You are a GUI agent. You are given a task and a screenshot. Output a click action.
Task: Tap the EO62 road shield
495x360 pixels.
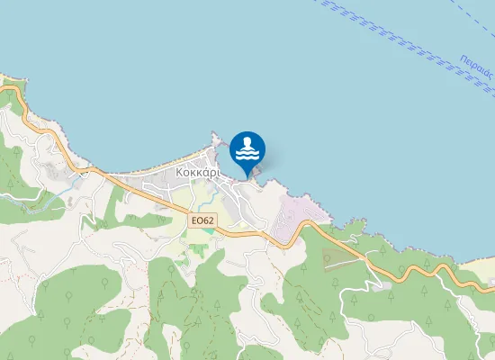point(202,220)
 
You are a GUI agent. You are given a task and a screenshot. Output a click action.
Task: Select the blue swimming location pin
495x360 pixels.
point(247,151)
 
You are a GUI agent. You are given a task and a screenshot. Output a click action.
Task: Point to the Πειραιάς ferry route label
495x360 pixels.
point(474,73)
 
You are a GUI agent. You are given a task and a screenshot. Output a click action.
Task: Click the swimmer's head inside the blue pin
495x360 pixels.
point(247,142)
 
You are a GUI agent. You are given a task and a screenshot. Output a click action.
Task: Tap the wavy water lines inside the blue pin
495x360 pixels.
point(247,157)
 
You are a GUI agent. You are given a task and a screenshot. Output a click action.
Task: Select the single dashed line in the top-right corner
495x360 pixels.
point(468,18)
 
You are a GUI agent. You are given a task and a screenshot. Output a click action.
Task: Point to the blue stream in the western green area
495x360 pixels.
point(63,189)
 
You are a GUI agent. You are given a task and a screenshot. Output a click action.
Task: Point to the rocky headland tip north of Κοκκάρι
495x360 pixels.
point(214,137)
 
